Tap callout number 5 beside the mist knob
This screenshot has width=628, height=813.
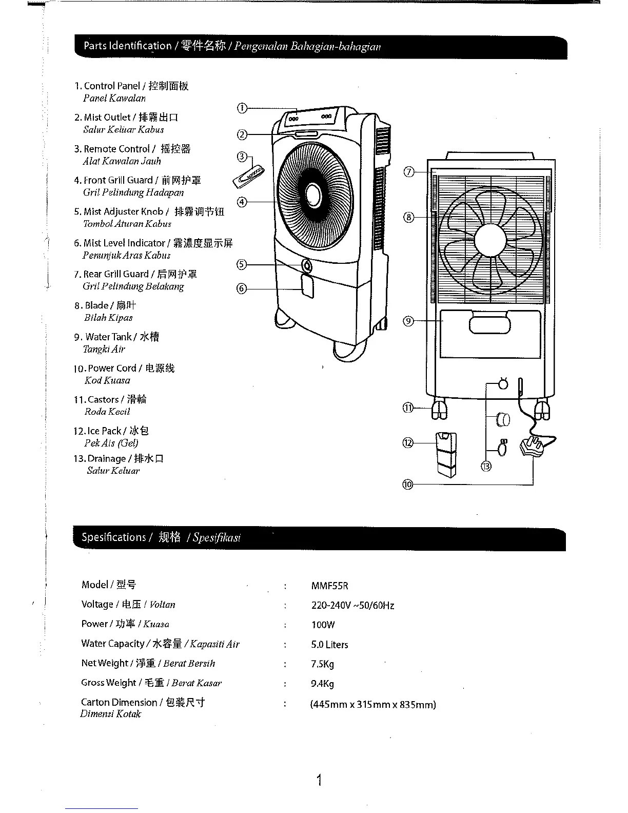pos(241,264)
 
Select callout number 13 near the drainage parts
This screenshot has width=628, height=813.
pos(486,466)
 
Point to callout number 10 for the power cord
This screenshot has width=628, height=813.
pos(408,484)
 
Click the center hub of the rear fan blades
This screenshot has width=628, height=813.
pos(492,240)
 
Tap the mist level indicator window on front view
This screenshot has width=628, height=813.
pos(307,286)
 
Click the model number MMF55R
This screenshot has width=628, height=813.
pos(329,586)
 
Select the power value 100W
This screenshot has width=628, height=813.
pos(323,625)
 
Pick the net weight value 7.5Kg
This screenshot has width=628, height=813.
pos(322,664)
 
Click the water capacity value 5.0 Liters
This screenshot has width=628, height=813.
pos(329,645)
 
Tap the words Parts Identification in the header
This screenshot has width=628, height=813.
pos(127,46)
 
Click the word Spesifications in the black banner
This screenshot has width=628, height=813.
pos(114,537)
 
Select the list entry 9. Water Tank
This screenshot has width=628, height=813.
pos(116,337)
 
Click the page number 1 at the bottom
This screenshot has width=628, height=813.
pos(319,781)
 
